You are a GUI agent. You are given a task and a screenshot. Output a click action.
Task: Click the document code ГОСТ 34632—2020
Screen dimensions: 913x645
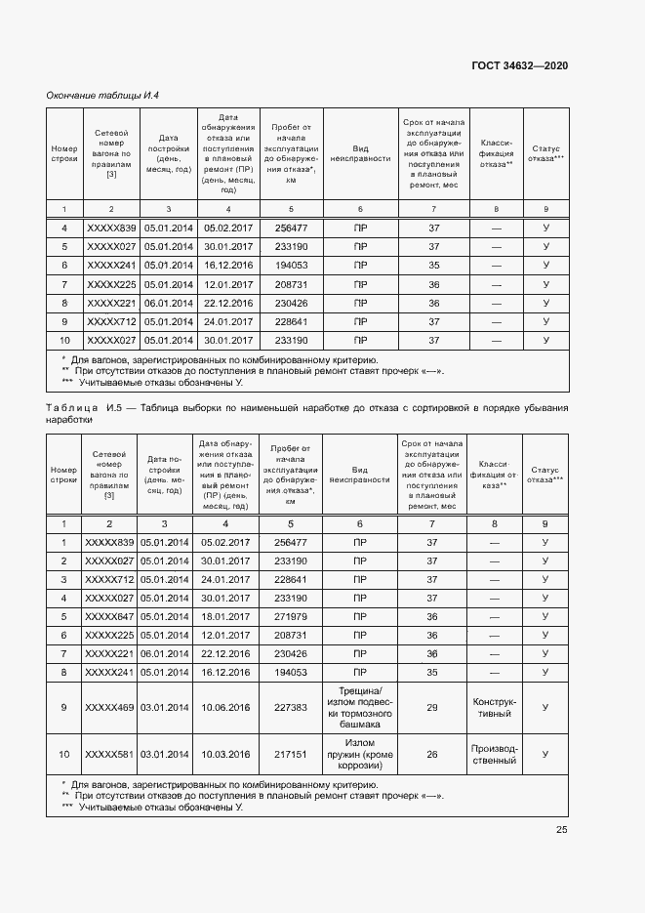tap(520, 65)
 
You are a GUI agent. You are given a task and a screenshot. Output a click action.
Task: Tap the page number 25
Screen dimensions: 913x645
tap(562, 829)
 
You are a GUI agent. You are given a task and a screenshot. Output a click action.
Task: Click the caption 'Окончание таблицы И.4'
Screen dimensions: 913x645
tap(103, 95)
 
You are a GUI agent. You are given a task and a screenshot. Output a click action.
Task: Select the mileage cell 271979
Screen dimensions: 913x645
tap(291, 616)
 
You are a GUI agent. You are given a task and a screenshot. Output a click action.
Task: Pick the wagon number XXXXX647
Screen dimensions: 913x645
tap(110, 616)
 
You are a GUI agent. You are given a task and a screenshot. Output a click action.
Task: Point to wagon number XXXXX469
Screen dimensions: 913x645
tap(110, 708)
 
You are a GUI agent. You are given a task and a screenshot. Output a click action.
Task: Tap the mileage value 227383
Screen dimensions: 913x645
tap(291, 708)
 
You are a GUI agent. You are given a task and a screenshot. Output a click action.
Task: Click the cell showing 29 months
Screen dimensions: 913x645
tap(433, 708)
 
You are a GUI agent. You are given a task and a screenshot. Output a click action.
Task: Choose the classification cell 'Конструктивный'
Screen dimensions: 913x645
tap(496, 708)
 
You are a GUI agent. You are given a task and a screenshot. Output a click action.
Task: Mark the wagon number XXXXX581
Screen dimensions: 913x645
tap(110, 755)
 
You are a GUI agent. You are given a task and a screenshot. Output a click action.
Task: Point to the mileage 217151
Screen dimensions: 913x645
tap(291, 755)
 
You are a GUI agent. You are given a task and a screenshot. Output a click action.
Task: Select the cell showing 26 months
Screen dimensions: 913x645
tap(433, 755)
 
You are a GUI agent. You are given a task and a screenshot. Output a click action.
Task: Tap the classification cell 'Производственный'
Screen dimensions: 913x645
tap(496, 755)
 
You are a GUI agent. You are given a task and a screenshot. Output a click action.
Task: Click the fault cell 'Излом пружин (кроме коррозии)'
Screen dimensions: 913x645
tap(360, 755)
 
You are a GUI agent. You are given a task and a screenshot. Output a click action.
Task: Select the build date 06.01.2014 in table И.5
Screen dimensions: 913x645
tap(165, 653)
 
